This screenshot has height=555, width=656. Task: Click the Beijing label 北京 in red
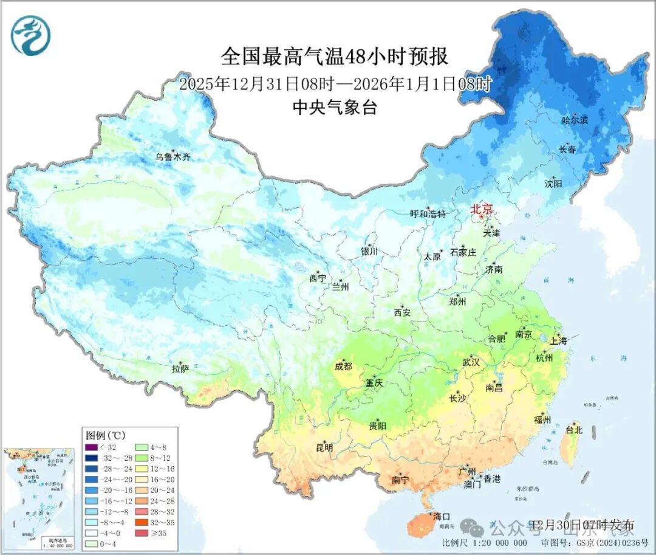[485, 209]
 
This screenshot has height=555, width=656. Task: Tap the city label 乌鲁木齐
[173, 157]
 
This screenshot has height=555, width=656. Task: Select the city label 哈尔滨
[575, 120]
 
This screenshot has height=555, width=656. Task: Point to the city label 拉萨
[180, 368]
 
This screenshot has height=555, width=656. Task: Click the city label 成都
[343, 366]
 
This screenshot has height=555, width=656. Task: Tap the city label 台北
[574, 430]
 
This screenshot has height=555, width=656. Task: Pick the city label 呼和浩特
[428, 214]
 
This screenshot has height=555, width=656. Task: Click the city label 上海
[558, 342]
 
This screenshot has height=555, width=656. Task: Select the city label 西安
[402, 312]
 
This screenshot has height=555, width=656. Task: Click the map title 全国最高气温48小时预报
[335, 57]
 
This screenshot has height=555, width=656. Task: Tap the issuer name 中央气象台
[335, 108]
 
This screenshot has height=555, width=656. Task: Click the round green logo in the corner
[30, 35]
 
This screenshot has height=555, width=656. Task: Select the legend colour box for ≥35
[142, 533]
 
